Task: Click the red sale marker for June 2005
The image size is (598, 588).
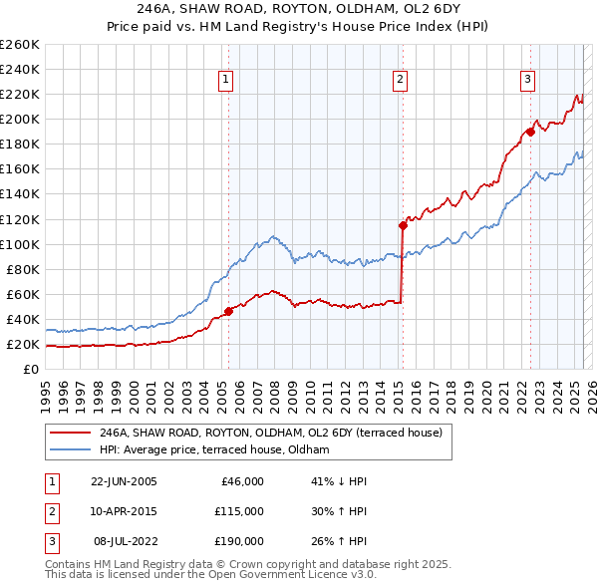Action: click(x=228, y=311)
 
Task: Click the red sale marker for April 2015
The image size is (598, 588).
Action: click(x=404, y=224)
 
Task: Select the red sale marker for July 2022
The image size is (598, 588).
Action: click(x=531, y=131)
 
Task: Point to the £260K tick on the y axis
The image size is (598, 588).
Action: click(x=19, y=45)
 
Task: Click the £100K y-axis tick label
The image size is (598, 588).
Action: click(x=19, y=244)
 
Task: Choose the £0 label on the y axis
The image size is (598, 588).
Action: click(x=31, y=370)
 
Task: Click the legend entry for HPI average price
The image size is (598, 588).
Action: click(x=214, y=450)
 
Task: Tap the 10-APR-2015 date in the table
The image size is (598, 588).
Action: click(x=124, y=511)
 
